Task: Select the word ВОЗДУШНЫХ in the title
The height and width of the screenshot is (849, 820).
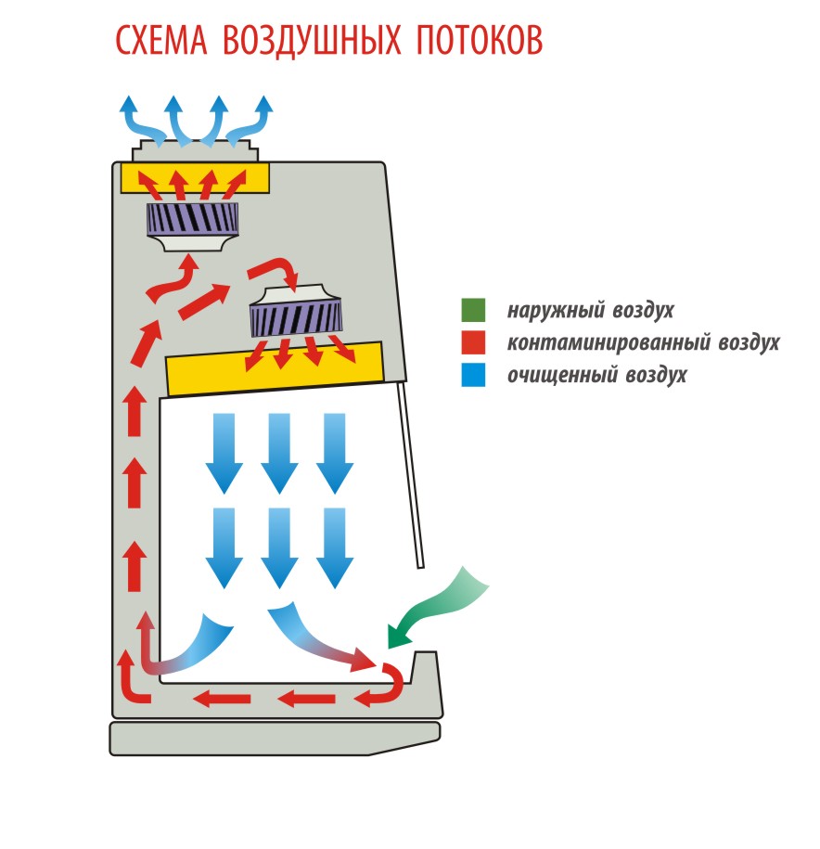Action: click(x=310, y=41)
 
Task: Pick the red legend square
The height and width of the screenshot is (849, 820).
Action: click(x=473, y=342)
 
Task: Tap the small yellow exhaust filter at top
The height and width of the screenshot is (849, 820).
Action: click(x=195, y=176)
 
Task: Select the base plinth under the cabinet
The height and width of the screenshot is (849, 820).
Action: click(x=274, y=738)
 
